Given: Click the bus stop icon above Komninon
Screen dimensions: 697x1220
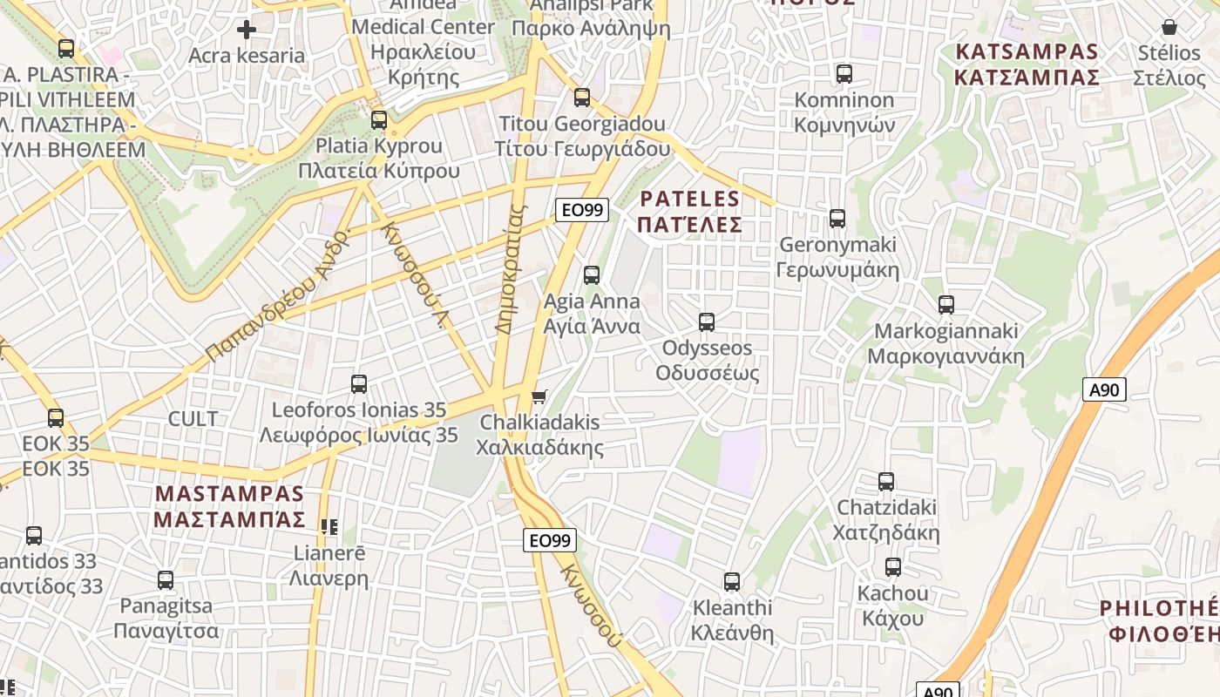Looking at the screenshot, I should (844, 74).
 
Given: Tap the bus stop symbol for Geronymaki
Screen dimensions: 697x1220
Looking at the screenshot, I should (837, 219).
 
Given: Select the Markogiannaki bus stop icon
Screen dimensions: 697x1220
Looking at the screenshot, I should (946, 305).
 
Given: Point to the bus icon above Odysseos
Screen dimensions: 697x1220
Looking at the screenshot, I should (707, 322).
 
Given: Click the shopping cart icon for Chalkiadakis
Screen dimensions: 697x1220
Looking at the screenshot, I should (539, 397).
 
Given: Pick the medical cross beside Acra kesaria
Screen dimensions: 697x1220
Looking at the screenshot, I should (247, 30).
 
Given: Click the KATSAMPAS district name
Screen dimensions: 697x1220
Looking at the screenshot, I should (1027, 64).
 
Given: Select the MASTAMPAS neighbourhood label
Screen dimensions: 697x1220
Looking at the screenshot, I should (230, 507).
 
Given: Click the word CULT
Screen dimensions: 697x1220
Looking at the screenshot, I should (193, 419).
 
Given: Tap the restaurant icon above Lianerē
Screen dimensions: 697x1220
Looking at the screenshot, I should (329, 526).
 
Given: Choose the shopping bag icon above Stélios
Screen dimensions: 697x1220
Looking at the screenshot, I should (1169, 28).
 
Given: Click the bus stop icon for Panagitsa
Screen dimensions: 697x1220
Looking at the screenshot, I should (166, 579).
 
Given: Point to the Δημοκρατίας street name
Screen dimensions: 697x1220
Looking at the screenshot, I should (512, 270).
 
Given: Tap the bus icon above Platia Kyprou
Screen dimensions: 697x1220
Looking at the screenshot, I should (378, 120).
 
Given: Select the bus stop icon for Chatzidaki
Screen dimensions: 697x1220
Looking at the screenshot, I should (886, 482).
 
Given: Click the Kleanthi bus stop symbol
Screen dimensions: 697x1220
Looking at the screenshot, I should (732, 581).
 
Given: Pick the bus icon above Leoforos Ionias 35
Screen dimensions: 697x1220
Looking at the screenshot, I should (358, 384).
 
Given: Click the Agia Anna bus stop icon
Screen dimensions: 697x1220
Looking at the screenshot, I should (592, 275).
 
